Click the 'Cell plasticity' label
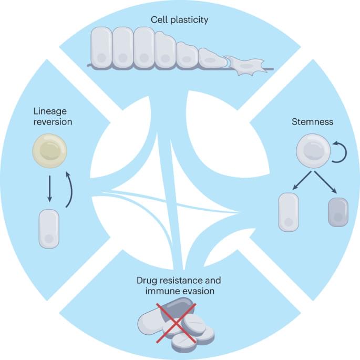pyautogui.click(x=180, y=20)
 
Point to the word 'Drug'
pyautogui.click(x=145, y=280)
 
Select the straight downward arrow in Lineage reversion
pyautogui.click(x=49, y=188)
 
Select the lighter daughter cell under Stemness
pyautogui.click(x=288, y=212)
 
